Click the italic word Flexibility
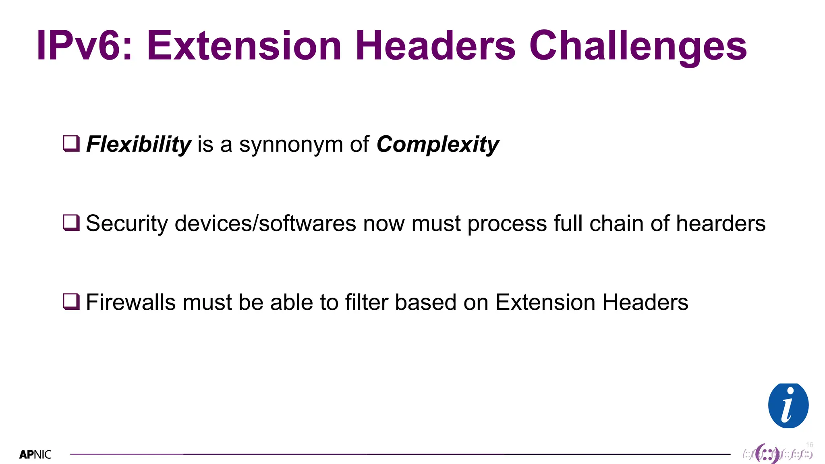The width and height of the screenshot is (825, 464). pyautogui.click(x=139, y=144)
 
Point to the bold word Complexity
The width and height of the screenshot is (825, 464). pyautogui.click(x=437, y=144)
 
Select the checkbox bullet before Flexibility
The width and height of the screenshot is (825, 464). pyautogui.click(x=71, y=143)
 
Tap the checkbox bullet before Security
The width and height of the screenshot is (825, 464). pyautogui.click(x=71, y=222)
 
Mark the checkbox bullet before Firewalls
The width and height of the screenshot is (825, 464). pyautogui.click(x=71, y=301)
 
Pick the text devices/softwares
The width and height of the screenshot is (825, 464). pyautogui.click(x=265, y=223)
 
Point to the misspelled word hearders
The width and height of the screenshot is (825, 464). pyautogui.click(x=721, y=223)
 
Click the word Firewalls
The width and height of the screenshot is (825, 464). pyautogui.click(x=131, y=302)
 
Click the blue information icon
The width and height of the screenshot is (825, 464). pyautogui.click(x=788, y=406)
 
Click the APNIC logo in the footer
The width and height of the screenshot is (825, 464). pyautogui.click(x=35, y=455)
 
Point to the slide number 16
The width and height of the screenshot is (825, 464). pyautogui.click(x=809, y=445)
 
